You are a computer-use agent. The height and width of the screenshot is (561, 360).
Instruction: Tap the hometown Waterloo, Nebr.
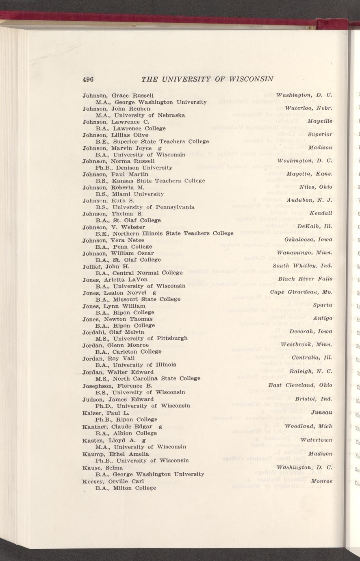[x=309, y=109]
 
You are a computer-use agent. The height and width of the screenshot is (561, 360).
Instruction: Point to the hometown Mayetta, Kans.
[x=310, y=174]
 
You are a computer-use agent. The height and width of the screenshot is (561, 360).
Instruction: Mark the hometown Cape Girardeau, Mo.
[x=301, y=292]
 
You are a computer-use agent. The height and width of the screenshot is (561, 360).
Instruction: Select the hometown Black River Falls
[x=306, y=279]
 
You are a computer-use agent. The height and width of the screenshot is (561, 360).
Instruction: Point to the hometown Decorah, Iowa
[x=311, y=331]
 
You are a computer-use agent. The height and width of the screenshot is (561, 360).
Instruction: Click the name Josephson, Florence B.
[x=117, y=385]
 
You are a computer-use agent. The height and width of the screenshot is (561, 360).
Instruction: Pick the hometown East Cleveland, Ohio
[x=300, y=385]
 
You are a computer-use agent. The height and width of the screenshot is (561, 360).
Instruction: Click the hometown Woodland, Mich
[x=308, y=426]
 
